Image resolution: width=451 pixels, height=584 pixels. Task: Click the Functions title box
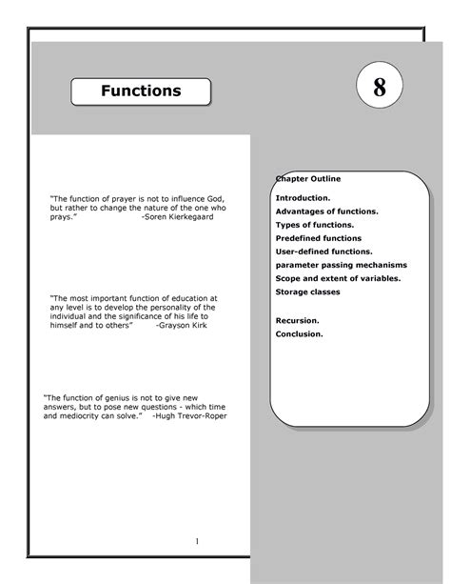pos(142,91)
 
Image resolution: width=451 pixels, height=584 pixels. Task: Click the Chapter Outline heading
pos(308,178)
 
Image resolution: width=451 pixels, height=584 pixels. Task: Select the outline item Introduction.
pos(304,197)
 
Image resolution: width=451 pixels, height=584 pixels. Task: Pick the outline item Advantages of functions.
pos(326,211)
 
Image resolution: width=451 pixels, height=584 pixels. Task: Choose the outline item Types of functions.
pos(315,224)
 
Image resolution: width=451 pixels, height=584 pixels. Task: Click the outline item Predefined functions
pos(319,237)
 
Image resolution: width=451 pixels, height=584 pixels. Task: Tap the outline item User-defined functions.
pos(324,251)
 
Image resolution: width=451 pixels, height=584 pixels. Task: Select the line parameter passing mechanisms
pos(341,264)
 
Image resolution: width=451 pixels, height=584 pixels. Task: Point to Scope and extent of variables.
pos(338,277)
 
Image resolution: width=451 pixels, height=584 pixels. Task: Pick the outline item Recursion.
pos(297,322)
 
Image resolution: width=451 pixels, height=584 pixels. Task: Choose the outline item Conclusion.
pos(299,335)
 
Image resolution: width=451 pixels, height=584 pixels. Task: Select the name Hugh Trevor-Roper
pos(192,416)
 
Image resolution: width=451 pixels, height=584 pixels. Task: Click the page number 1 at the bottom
pos(196,542)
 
